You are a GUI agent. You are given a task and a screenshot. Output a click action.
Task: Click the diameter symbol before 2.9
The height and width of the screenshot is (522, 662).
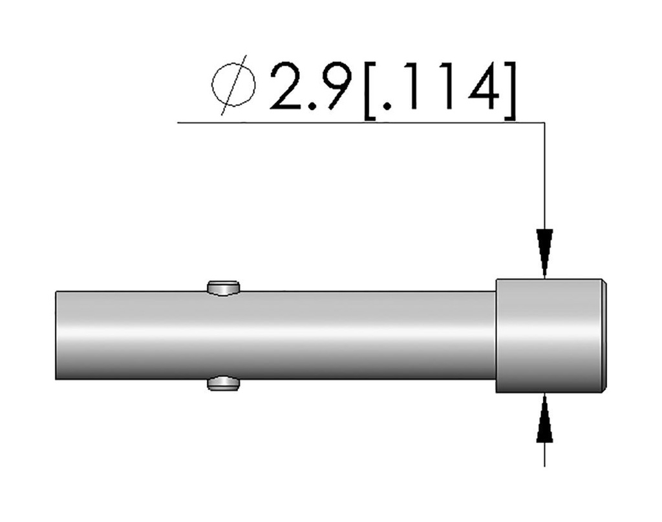(x=233, y=85)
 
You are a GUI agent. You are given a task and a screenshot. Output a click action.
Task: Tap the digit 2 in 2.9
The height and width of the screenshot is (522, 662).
(x=288, y=86)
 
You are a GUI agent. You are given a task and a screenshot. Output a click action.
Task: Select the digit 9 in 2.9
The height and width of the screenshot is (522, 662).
(x=336, y=86)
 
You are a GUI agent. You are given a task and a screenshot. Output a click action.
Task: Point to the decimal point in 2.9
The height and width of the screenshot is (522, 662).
(x=313, y=105)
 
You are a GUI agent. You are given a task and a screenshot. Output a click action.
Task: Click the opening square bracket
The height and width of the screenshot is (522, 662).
(x=370, y=91)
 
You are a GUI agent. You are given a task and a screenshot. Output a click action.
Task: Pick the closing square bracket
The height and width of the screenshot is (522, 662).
(x=510, y=91)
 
